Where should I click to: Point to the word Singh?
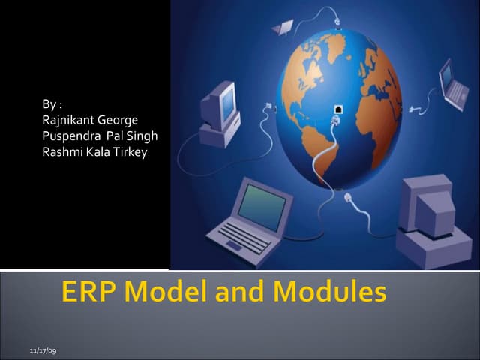click(x=142, y=136)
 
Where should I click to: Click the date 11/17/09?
click(x=43, y=350)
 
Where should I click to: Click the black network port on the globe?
click(x=337, y=110)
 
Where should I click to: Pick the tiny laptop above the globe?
click(x=283, y=28)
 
